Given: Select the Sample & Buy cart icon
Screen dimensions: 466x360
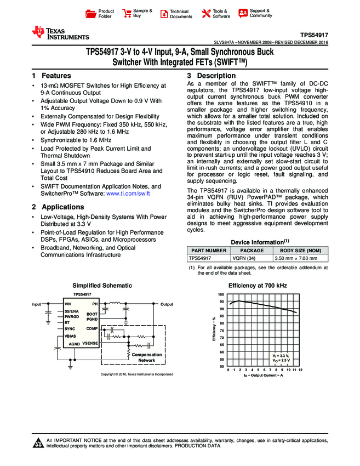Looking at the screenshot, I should coord(127,13).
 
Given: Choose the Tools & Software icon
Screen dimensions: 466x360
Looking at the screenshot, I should coord(206,14).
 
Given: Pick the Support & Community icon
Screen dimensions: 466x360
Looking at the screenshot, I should coord(243,13).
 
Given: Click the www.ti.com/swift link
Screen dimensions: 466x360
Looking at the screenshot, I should coord(129,194).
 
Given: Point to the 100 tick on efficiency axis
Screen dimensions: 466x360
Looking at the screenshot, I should coord(222,295).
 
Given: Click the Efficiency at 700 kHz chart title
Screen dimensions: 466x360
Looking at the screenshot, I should coord(257,286).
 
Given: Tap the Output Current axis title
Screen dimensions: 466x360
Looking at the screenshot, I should coord(263,375).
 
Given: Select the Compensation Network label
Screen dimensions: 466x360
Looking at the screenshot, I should coord(146,357).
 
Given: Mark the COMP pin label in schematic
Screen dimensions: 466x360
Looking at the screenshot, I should coord(92,328).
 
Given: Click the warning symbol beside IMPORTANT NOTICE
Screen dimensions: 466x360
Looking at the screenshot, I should coord(38,443).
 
